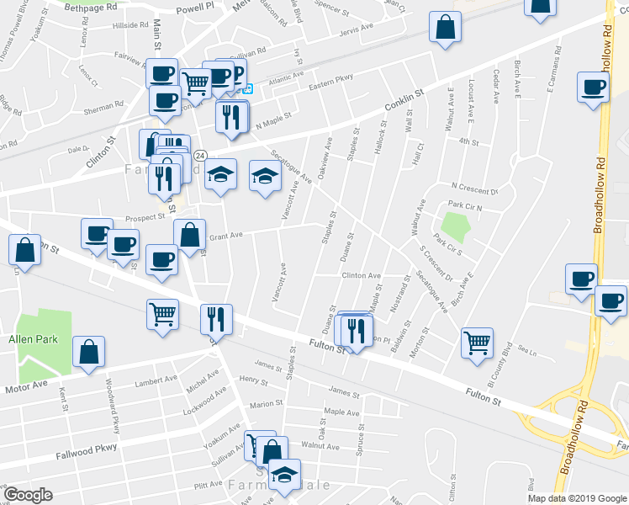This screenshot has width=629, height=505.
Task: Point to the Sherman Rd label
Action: pos(103,107)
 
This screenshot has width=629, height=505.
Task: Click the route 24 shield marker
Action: pos(200,156)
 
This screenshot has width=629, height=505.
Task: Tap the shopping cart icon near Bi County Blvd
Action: pos(477,341)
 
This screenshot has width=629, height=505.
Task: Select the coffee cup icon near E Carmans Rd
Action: pos(593,87)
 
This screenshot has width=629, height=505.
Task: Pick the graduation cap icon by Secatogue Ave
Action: pos(265,176)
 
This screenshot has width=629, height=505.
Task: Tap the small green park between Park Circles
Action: pos(454,226)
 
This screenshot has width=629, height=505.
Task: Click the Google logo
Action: pos(29,495)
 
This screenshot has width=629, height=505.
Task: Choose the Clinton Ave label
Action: pos(361,275)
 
